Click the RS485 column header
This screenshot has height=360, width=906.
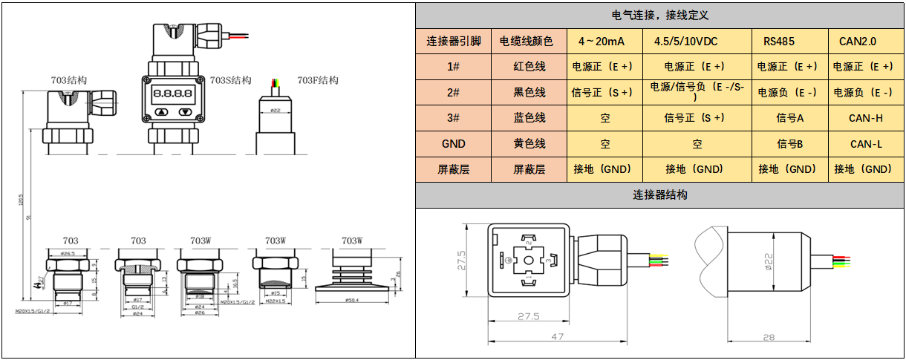(778, 42)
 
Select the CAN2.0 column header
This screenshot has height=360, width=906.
(858, 42)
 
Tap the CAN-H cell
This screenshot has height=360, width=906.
(866, 118)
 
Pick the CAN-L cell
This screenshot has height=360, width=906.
(866, 144)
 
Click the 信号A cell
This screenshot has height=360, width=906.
(790, 118)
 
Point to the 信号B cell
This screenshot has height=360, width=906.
(790, 144)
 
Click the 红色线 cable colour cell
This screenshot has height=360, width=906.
(529, 67)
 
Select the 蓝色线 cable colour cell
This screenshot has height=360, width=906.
(529, 118)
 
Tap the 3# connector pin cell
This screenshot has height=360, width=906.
(454, 118)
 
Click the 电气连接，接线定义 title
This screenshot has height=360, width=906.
(660, 15)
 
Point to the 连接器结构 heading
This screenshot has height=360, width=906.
(660, 195)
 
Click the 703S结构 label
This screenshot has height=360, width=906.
(230, 80)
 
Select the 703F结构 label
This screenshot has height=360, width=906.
(317, 80)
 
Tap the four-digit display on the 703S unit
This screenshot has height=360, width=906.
(172, 94)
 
